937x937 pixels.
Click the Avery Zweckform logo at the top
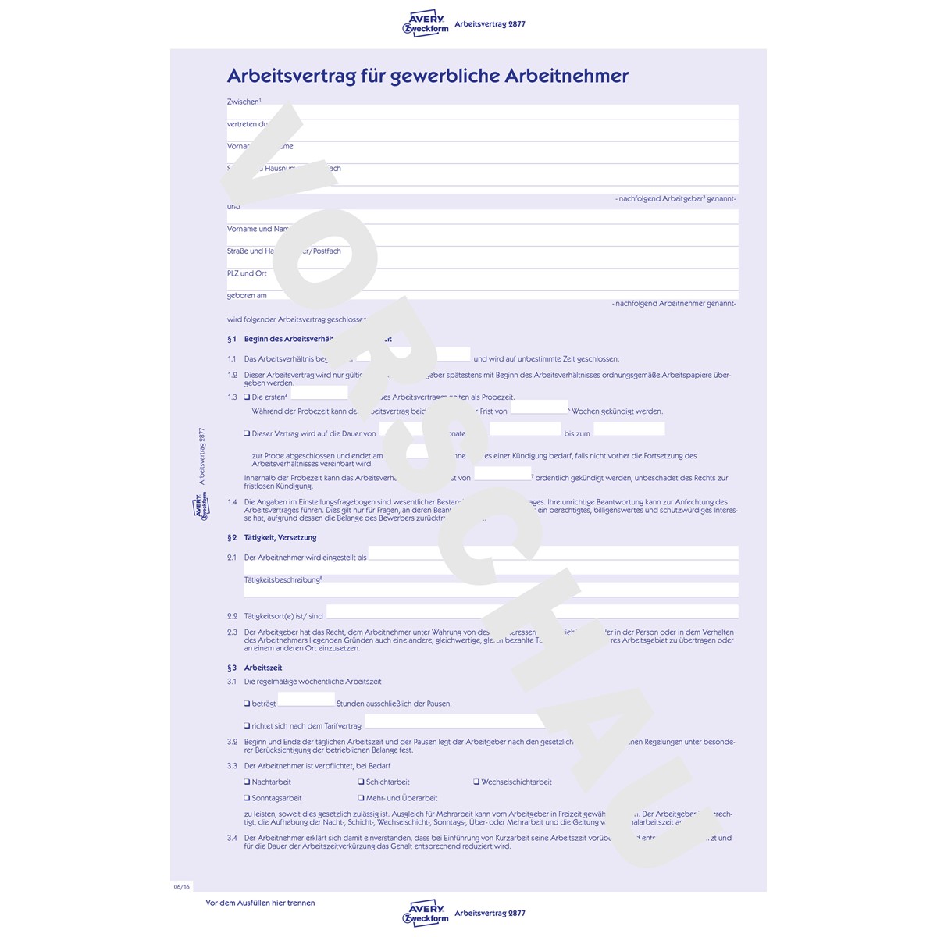coord(426,24)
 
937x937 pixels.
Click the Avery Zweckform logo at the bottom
coord(426,913)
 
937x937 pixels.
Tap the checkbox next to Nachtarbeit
coord(248,782)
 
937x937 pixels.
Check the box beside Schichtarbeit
coord(362,782)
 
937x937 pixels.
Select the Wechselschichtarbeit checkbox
coord(476,782)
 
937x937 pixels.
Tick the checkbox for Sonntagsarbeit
coord(248,798)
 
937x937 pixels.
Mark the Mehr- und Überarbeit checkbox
coord(362,798)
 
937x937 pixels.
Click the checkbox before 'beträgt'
coord(248,704)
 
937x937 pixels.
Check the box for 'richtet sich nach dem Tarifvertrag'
coord(248,725)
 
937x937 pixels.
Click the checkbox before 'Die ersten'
coord(248,397)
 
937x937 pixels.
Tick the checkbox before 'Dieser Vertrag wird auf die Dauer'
coord(248,433)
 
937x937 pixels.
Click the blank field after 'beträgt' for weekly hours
coord(306,700)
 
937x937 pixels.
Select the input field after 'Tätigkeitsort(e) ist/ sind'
coord(531,611)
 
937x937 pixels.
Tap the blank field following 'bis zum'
coord(629,429)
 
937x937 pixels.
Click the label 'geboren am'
coord(247,295)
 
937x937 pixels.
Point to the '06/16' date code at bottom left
coord(181,886)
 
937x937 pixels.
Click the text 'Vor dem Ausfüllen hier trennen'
coord(260,903)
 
